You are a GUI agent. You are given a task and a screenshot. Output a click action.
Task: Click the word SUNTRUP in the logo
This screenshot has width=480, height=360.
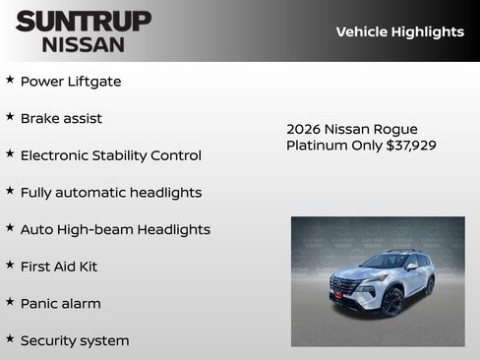pyautogui.click(x=84, y=21)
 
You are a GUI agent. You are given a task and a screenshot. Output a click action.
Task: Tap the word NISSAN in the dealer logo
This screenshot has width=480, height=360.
pyautogui.click(x=84, y=44)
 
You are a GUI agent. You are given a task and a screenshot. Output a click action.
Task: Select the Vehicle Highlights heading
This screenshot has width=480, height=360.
pyautogui.click(x=399, y=31)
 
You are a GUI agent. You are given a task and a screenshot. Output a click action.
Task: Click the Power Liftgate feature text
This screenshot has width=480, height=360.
pyautogui.click(x=71, y=82)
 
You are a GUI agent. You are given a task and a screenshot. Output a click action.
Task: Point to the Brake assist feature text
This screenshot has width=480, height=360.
pyautogui.click(x=61, y=118)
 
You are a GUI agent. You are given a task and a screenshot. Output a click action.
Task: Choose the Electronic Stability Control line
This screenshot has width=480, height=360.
pyautogui.click(x=110, y=155)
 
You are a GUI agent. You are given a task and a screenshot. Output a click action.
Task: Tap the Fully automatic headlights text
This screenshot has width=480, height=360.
pyautogui.click(x=110, y=193)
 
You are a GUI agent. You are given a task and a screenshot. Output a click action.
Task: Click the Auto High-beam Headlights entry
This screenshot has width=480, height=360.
pyautogui.click(x=115, y=229)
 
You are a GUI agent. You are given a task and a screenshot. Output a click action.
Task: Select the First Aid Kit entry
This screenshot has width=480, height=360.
pyautogui.click(x=59, y=267)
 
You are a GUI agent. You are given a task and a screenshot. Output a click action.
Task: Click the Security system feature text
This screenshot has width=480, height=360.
pyautogui.click(x=75, y=340)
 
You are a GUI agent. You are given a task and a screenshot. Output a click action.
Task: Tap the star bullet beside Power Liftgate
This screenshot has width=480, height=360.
pyautogui.click(x=10, y=80)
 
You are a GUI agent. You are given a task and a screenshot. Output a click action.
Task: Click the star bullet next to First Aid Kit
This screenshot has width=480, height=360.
pyautogui.click(x=10, y=265)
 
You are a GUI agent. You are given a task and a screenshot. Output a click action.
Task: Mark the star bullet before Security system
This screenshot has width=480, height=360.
pyautogui.click(x=10, y=338)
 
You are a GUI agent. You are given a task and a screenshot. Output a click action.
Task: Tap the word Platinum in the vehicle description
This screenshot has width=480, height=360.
pyautogui.click(x=317, y=146)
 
